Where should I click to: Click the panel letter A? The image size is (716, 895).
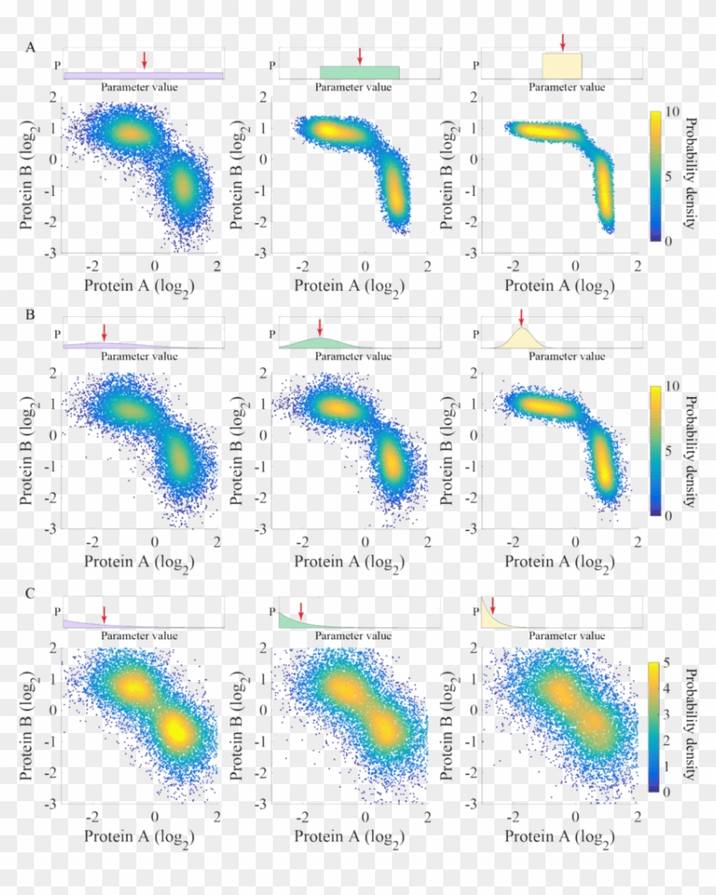tap(31, 48)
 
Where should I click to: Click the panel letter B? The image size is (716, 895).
tap(31, 315)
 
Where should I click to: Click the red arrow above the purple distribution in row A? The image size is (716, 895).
tap(144, 60)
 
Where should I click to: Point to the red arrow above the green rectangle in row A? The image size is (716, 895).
tap(360, 56)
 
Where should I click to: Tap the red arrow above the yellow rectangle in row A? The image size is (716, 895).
tap(563, 43)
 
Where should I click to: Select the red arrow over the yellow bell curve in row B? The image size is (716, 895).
tap(522, 318)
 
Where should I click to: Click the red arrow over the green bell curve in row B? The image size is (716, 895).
tap(320, 327)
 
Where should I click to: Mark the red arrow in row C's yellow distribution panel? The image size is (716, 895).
tap(493, 605)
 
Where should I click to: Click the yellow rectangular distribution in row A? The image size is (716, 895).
tap(562, 66)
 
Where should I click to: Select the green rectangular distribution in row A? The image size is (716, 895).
tap(359, 72)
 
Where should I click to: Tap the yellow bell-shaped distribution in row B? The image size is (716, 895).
tap(523, 339)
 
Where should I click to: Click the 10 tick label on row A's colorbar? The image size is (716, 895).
tap(671, 113)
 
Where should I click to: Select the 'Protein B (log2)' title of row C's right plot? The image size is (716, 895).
tap(448, 725)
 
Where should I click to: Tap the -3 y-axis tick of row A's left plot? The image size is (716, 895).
tap(52, 254)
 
